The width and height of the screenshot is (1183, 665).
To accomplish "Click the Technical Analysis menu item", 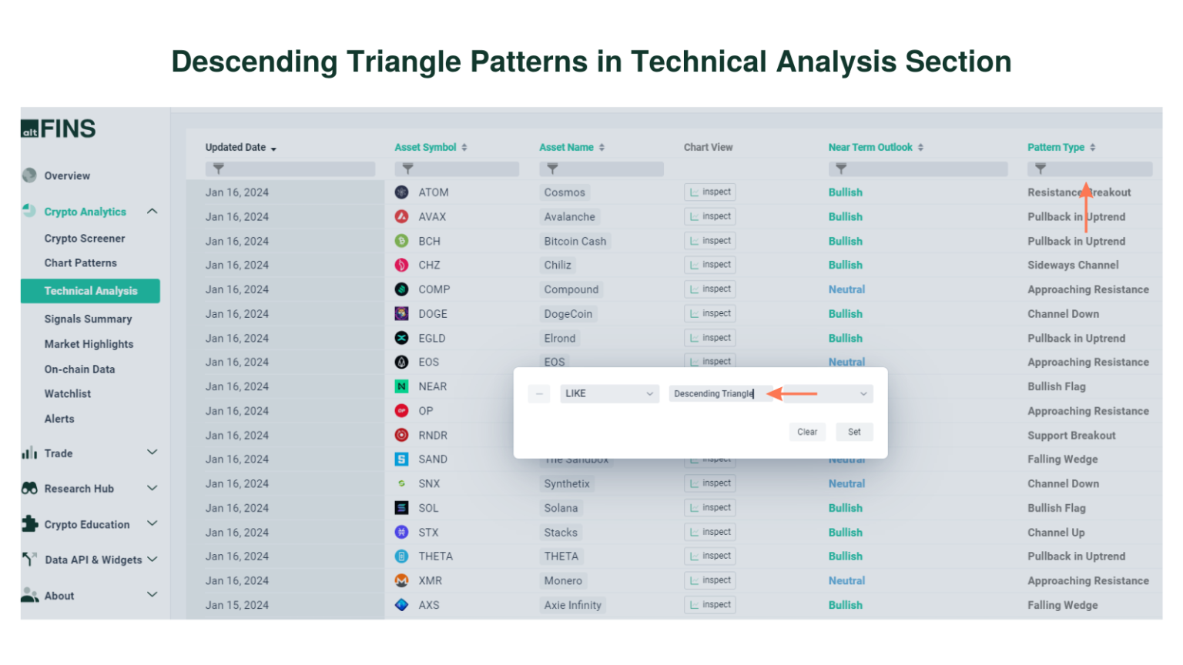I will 90,291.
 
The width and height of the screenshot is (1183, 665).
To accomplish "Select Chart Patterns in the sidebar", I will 80,263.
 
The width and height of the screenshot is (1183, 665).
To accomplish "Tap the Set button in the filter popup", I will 854,432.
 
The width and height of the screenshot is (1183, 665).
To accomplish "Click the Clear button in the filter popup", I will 807,432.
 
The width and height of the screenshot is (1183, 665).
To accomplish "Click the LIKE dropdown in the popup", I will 608,393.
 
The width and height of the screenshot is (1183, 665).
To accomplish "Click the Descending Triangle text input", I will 720,393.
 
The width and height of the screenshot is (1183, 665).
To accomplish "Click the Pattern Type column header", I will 1055,147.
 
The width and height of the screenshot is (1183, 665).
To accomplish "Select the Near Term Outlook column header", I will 870,147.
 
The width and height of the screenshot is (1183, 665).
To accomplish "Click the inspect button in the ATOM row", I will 709,192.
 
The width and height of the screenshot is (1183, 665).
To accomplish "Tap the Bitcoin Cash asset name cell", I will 575,241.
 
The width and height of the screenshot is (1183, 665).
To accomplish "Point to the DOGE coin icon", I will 401,313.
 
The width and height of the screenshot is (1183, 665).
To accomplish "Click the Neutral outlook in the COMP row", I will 846,289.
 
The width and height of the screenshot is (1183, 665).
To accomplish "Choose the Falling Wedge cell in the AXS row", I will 1062,605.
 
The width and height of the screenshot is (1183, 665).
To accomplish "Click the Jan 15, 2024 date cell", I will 236,605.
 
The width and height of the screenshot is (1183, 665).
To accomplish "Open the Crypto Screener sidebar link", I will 84,239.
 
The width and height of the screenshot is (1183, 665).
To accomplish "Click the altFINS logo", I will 59,129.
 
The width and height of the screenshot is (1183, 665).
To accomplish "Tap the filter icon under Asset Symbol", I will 407,169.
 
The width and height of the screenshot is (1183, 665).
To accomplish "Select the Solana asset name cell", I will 561,508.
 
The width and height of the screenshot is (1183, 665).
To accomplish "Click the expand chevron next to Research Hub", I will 152,488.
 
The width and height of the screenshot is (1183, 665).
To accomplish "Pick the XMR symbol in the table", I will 430,581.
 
